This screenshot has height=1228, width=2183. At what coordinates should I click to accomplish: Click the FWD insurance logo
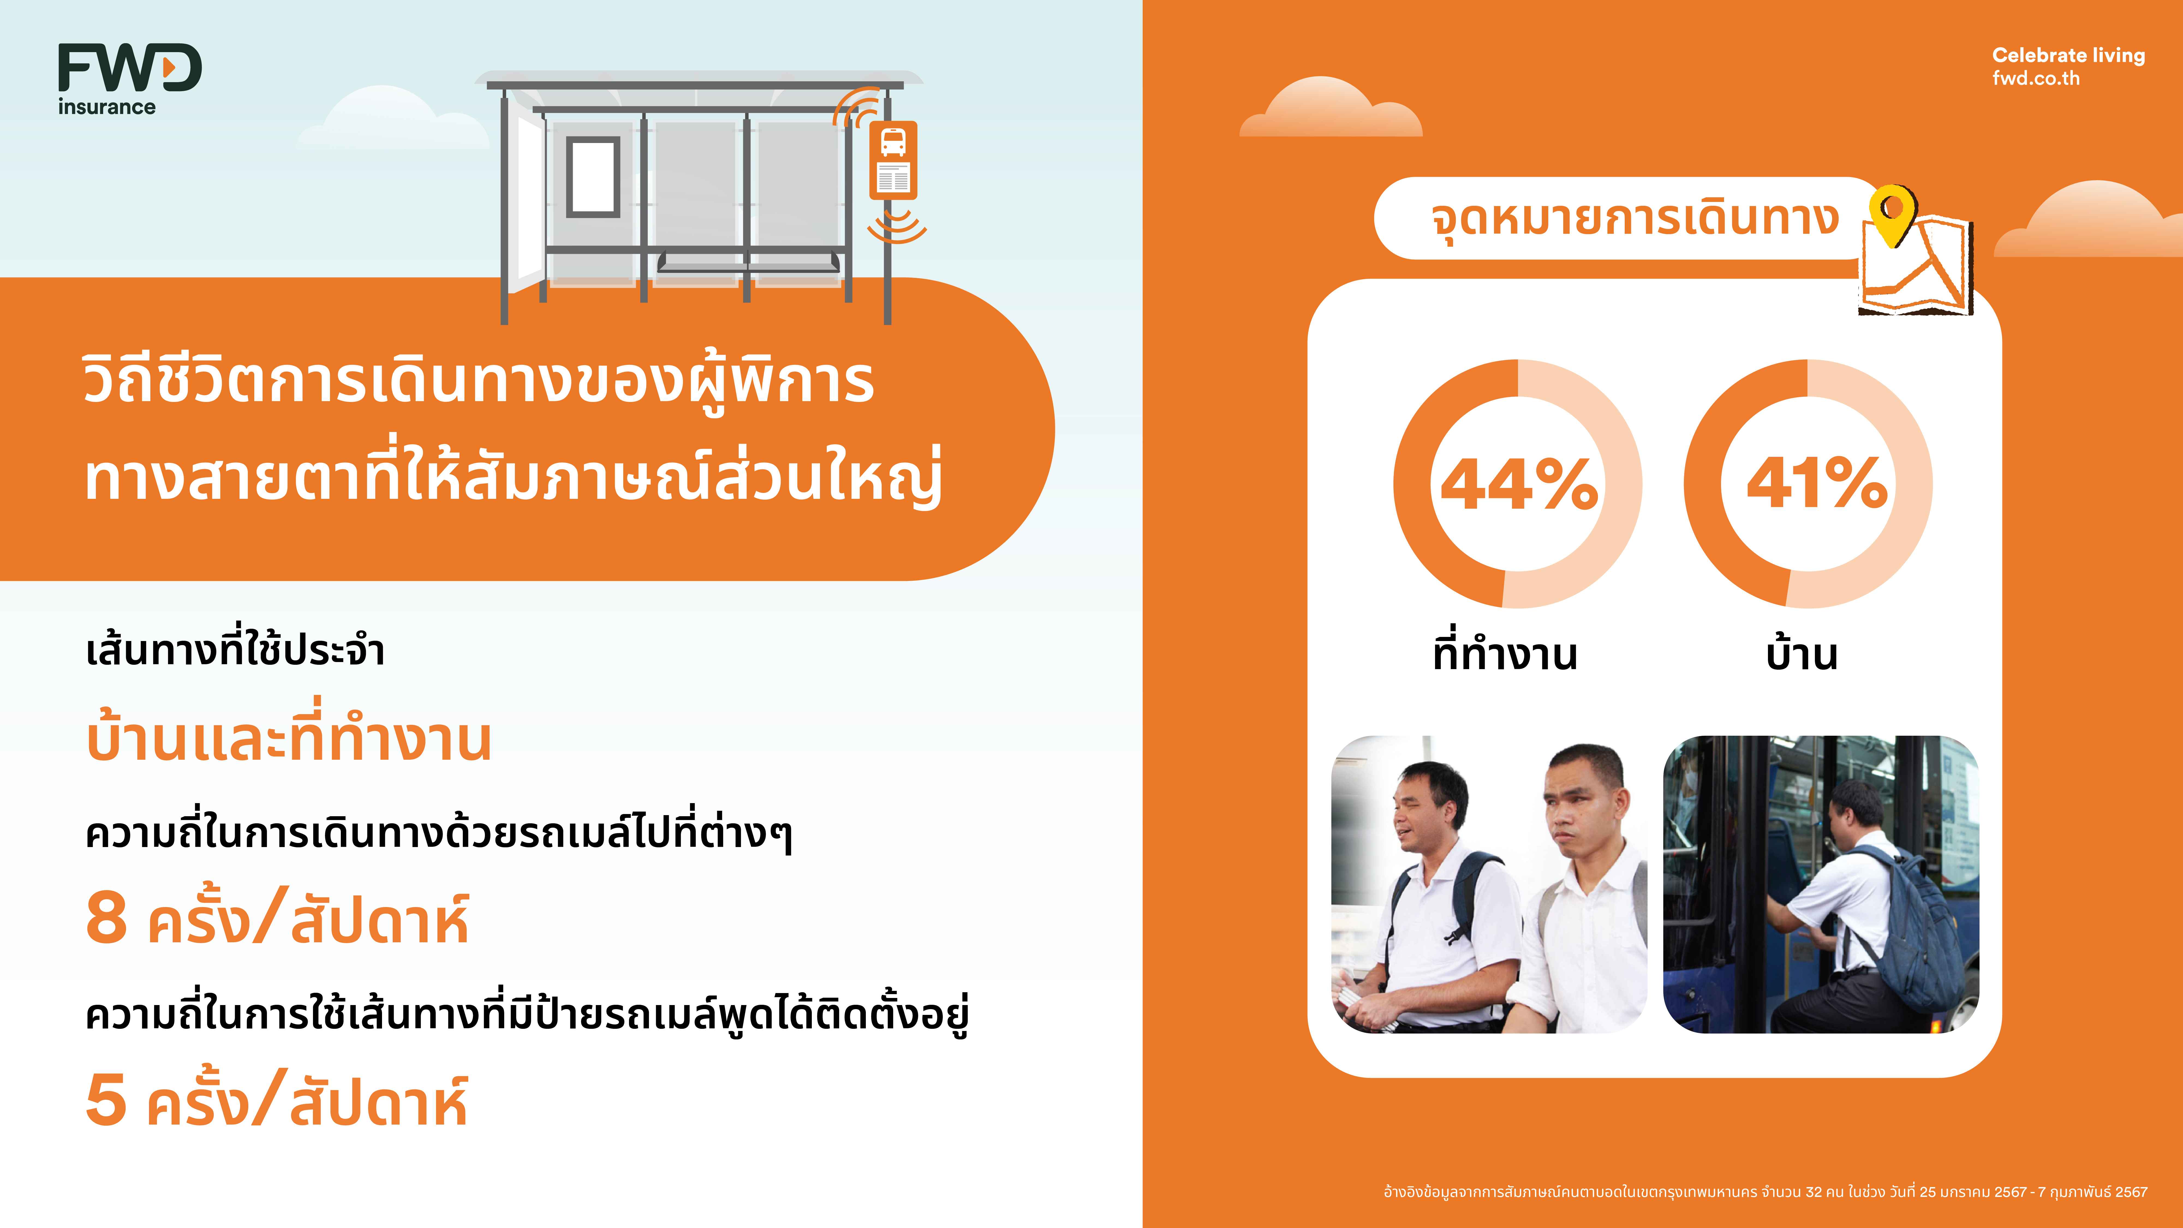[130, 79]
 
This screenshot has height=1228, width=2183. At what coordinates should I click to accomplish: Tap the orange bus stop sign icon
[893, 160]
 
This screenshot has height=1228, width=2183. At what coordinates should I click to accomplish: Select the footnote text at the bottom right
[1765, 1191]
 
